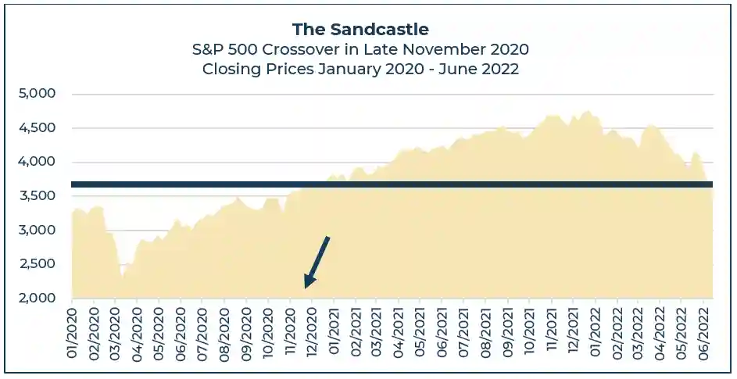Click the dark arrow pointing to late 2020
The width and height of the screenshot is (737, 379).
[x=317, y=261]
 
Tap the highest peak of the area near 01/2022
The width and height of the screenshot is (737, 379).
[x=588, y=113]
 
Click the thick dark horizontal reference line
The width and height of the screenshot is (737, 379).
[x=391, y=184]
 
